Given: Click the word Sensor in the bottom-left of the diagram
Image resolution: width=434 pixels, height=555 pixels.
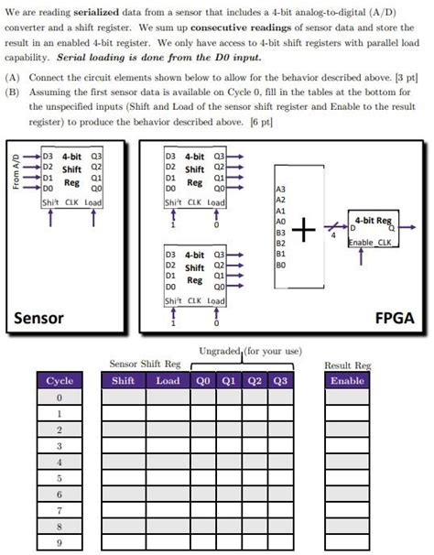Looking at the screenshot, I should (x=39, y=318).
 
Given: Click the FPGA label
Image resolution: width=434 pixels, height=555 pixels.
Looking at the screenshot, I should (x=396, y=318).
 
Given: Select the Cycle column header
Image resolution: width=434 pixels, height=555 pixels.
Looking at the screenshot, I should (x=59, y=380).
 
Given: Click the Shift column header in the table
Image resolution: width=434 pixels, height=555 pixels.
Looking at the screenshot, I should (x=123, y=380).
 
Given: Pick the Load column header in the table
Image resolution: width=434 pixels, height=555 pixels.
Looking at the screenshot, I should (x=168, y=380).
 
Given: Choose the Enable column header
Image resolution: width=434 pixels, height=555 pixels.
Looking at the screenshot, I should (x=347, y=380).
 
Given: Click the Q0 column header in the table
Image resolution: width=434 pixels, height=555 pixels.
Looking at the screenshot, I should (x=202, y=380).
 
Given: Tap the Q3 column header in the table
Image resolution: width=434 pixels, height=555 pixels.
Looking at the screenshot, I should (x=279, y=380).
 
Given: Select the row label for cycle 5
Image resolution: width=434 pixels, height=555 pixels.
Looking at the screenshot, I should (x=59, y=478).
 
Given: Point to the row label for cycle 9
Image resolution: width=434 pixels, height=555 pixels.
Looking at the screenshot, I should (x=59, y=543).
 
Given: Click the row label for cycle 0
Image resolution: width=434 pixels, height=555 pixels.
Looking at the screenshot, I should (x=59, y=397).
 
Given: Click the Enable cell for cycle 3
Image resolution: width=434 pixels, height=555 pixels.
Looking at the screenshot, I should (x=347, y=446).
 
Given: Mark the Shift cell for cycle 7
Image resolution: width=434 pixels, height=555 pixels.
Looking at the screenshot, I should (x=123, y=510).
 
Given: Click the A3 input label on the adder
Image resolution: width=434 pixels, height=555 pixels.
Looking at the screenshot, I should (x=280, y=189).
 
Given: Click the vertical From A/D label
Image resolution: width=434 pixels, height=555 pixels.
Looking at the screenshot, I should (x=14, y=173).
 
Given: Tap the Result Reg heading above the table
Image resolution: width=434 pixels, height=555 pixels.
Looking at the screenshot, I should (x=347, y=365).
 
